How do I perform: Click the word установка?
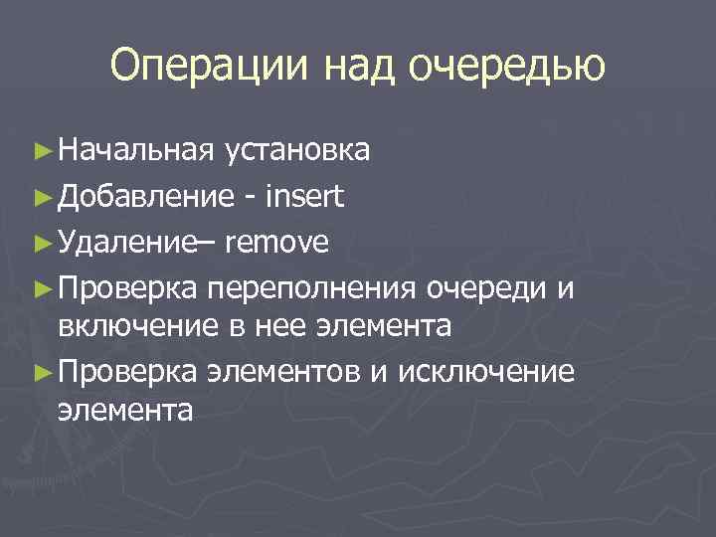[x=297, y=150]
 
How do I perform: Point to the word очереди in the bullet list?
[x=487, y=288]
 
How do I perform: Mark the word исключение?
[x=485, y=371]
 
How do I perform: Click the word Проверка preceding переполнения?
[x=129, y=288]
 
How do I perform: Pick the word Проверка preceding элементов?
[x=129, y=371]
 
